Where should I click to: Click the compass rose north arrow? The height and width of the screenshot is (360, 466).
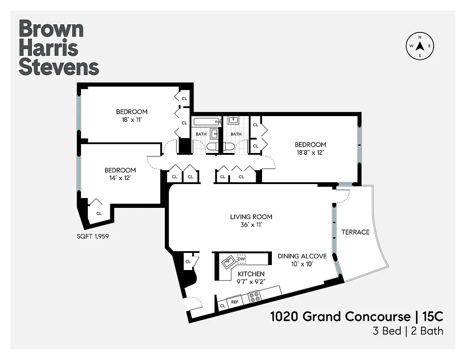(x=420, y=46)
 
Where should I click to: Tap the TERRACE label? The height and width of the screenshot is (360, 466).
(x=355, y=232)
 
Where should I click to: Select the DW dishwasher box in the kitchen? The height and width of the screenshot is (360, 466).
(x=241, y=259)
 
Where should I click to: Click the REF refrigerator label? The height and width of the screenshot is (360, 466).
(x=235, y=302)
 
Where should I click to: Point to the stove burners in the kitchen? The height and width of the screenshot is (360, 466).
(x=254, y=297)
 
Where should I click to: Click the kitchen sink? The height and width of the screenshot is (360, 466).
(x=229, y=260)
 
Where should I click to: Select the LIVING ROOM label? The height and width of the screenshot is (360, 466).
(x=251, y=217)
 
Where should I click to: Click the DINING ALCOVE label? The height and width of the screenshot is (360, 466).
(x=302, y=256)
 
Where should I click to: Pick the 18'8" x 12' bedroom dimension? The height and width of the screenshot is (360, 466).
(x=310, y=153)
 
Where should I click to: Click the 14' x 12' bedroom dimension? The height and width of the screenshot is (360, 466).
(x=120, y=178)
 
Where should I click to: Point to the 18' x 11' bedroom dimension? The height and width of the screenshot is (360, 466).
(x=131, y=120)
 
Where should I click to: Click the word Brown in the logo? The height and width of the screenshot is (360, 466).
(x=51, y=29)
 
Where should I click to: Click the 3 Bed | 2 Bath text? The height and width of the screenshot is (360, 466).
(x=408, y=331)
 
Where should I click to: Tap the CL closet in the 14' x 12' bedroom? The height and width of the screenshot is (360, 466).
(x=99, y=213)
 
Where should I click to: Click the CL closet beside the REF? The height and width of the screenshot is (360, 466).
(x=222, y=306)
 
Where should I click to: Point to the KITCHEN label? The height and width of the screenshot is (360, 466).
(x=251, y=274)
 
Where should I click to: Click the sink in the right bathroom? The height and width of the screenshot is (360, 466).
(x=233, y=120)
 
